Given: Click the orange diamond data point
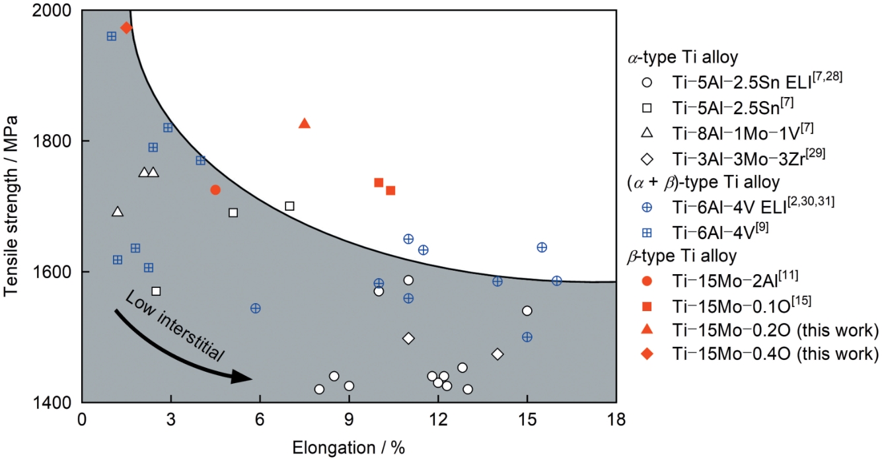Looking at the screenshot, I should [126, 28].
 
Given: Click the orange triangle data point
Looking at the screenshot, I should [305, 124].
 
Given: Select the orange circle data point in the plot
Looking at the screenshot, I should [215, 190].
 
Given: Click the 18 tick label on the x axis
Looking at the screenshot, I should [616, 420].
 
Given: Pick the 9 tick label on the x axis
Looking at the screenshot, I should [349, 420].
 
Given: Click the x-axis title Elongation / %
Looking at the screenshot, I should [348, 448].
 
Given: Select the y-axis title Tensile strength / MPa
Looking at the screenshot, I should [11, 207].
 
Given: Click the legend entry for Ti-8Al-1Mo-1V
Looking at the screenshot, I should [727, 132].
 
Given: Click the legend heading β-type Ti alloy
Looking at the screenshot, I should [681, 256].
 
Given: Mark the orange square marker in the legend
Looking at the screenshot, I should [647, 305].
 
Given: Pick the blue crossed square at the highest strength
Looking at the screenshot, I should [112, 36].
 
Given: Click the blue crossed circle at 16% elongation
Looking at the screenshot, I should [557, 281].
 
